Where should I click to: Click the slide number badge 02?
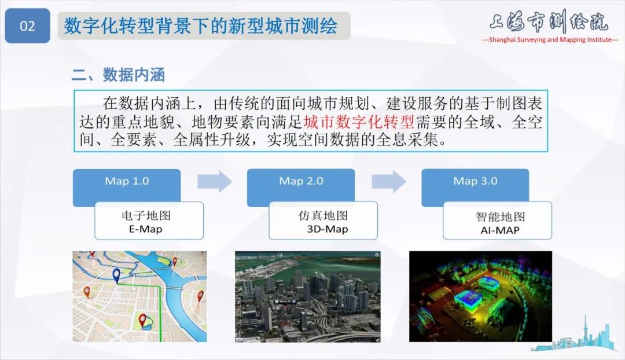[27, 26]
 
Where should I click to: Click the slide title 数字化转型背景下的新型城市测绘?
[200, 26]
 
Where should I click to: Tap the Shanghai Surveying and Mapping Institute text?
[550, 40]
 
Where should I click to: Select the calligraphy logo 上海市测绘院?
[548, 21]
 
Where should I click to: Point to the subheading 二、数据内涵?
[118, 75]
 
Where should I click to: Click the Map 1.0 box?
[127, 182]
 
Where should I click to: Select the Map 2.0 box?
[301, 182]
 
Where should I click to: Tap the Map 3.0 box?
[475, 182]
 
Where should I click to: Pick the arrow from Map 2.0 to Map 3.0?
[389, 181]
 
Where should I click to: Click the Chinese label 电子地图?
[149, 216]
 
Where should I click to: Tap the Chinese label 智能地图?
[500, 216]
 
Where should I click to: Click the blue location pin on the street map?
[116, 275]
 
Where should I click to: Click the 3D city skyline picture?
[307, 296]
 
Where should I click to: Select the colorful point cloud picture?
[480, 296]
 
